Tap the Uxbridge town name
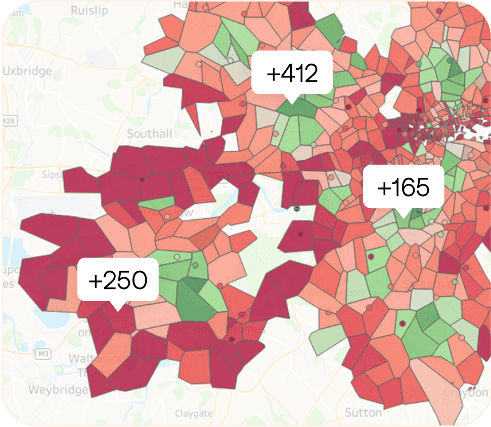[x=27, y=71]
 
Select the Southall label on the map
[x=150, y=134]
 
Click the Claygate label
[x=194, y=413]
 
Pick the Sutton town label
[x=363, y=412]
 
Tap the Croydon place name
[x=466, y=392]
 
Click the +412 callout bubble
[x=292, y=74]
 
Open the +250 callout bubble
[x=118, y=280]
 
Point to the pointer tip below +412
[x=292, y=103]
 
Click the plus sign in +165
[x=384, y=188]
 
